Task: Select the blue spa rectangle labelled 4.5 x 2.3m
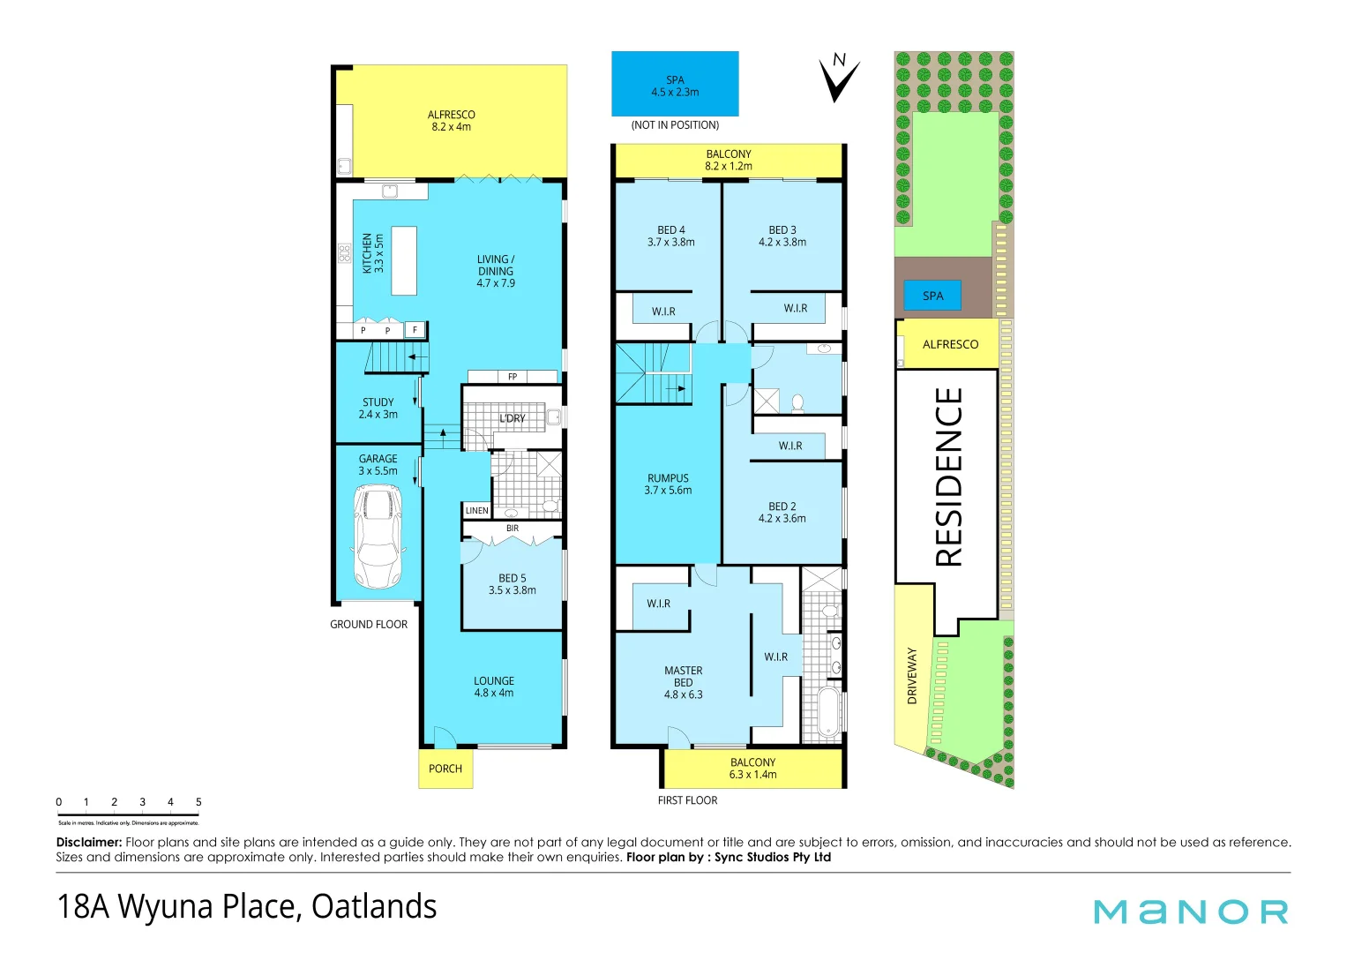point(675,85)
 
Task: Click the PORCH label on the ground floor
point(445,769)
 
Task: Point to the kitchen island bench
point(404,260)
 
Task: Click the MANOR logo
point(1191,912)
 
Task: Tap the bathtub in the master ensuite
point(829,712)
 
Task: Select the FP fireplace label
point(513,377)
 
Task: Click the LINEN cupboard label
point(476,511)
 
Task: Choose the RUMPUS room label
point(668,484)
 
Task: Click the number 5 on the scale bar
point(198,802)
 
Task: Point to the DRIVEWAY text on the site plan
point(912,676)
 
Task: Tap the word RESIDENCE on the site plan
point(949,476)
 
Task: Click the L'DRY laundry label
point(513,418)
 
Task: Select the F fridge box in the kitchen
point(415,330)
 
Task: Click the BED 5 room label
point(513,584)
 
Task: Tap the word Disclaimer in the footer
point(89,843)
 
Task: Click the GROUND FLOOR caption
point(369,625)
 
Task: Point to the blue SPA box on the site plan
point(932,296)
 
